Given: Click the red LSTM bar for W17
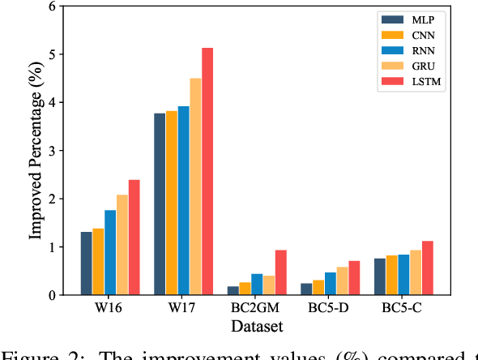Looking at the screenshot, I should [x=207, y=171].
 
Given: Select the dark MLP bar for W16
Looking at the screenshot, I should [x=87, y=264].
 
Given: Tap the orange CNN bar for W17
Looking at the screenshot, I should [x=172, y=203].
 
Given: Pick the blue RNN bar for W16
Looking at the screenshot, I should [x=110, y=252].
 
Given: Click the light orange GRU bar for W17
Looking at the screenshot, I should [x=195, y=186].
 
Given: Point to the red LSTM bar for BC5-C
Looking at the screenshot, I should [x=427, y=268].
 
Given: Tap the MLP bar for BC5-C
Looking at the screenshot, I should [x=380, y=276].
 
